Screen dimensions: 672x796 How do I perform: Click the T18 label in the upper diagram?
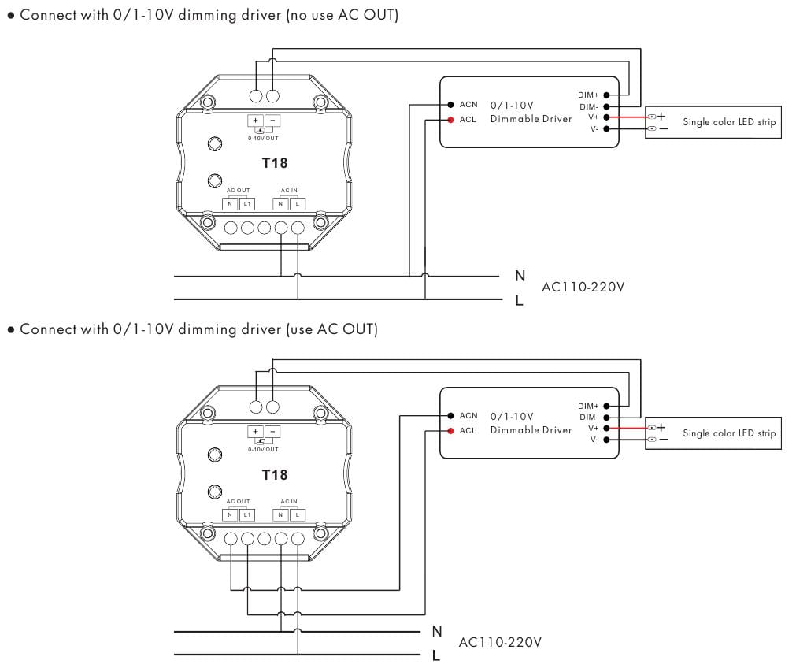tap(274, 163)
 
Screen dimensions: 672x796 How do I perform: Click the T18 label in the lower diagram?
tap(274, 474)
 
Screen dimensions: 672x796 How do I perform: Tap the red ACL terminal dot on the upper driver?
tap(450, 120)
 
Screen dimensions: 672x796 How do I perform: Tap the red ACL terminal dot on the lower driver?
tap(450, 431)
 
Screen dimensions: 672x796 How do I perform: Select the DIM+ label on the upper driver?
tap(588, 95)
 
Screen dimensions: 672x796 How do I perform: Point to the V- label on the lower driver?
tap(594, 440)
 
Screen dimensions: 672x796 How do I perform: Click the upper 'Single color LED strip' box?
tap(713, 122)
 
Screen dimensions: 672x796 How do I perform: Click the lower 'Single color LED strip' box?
tap(713, 433)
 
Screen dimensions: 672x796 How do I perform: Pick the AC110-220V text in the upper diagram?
tap(583, 287)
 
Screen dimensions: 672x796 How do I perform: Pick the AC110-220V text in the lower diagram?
tap(500, 642)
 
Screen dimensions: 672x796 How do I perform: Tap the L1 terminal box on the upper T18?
tap(246, 204)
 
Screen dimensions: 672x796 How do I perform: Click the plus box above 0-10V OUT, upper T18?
tap(256, 121)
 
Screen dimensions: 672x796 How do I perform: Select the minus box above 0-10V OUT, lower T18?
tap(272, 432)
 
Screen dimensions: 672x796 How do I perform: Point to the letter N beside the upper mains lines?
tap(520, 276)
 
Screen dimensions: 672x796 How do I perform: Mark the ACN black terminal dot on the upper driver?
tap(450, 104)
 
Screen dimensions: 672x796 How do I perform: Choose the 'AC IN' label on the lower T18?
tap(289, 501)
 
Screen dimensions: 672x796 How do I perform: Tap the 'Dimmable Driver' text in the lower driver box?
tap(531, 430)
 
